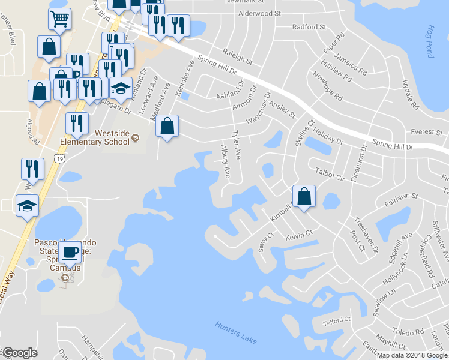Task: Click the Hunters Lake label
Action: pos(236,333)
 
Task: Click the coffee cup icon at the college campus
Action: pos(70,252)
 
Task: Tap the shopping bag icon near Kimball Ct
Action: pos(304,196)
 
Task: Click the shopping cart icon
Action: pos(59,20)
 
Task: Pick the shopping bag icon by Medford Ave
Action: pos(167,126)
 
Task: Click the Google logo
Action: pos(20,353)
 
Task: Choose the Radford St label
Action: pos(309,27)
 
